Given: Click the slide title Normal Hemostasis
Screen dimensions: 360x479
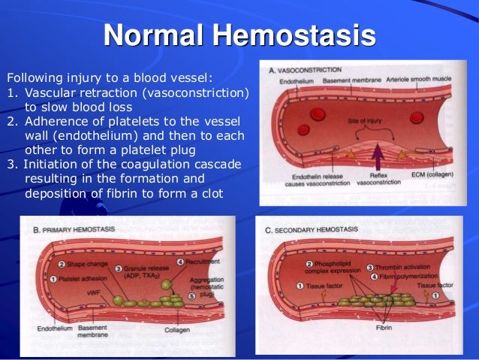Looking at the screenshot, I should tap(239, 35).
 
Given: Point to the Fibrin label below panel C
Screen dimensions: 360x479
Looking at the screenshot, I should tap(366, 328).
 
